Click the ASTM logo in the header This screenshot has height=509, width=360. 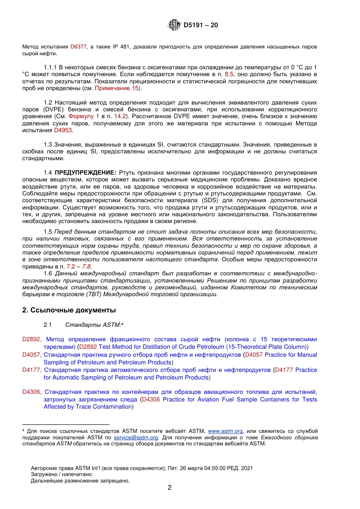point(174,25)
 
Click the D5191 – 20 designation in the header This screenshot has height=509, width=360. point(201,25)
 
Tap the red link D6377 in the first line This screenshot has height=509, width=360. point(78,47)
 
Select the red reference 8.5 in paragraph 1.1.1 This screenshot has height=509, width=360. point(230,74)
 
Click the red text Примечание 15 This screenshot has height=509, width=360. point(117,88)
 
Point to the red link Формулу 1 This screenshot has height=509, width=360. point(84,116)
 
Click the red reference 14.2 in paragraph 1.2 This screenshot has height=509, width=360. point(120,116)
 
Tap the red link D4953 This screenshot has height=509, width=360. point(63,130)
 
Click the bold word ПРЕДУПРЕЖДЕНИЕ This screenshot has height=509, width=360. point(85,172)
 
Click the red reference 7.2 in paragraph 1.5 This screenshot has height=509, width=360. point(71,267)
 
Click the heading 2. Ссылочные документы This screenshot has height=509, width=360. point(69,310)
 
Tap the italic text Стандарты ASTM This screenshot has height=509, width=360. point(93,325)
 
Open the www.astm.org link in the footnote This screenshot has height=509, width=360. point(225,431)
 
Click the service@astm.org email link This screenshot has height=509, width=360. point(136,437)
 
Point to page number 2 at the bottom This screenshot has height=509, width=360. point(169,487)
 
